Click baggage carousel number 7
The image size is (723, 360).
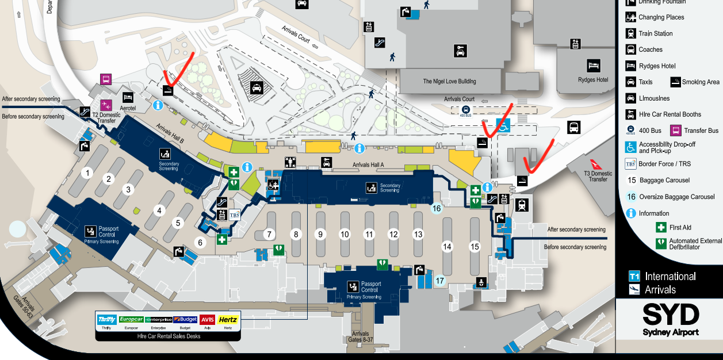(268, 235)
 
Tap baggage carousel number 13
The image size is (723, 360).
(418, 235)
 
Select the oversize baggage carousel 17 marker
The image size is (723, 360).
(440, 281)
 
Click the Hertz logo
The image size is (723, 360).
(228, 320)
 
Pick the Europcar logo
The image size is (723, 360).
(131, 320)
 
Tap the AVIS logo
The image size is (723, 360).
(207, 320)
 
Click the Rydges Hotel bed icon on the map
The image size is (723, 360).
(593, 66)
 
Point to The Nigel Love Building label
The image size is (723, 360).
(449, 82)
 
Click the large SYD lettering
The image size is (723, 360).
(671, 315)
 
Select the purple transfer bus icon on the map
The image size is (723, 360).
(106, 79)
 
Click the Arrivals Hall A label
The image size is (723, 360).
(368, 165)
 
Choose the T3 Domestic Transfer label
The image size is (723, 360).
(598, 176)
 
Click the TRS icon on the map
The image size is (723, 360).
(235, 215)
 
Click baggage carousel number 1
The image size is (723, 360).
(87, 173)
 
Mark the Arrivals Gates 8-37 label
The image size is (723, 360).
(361, 337)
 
